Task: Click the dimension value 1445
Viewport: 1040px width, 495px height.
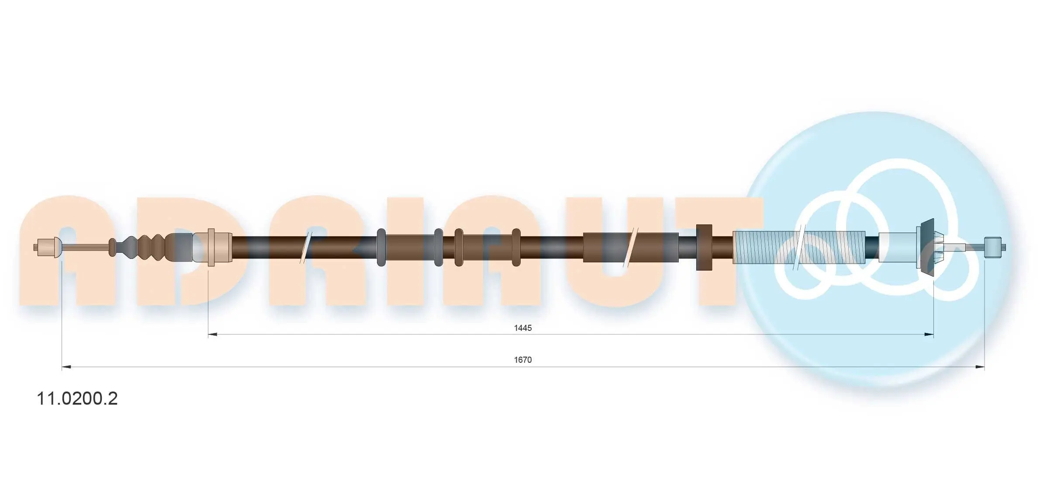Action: [x=522, y=328]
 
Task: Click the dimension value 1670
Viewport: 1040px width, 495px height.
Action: [x=522, y=360]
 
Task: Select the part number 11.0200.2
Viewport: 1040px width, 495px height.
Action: [x=77, y=399]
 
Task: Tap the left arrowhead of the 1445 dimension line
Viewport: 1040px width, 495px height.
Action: [x=213, y=335]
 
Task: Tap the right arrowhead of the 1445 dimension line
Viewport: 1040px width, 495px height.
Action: [x=929, y=335]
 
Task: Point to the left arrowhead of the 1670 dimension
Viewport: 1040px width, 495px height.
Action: [x=67, y=367]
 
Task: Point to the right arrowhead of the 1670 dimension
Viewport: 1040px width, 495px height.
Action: [x=980, y=367]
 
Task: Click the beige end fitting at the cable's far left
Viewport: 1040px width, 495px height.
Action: [x=48, y=247]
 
